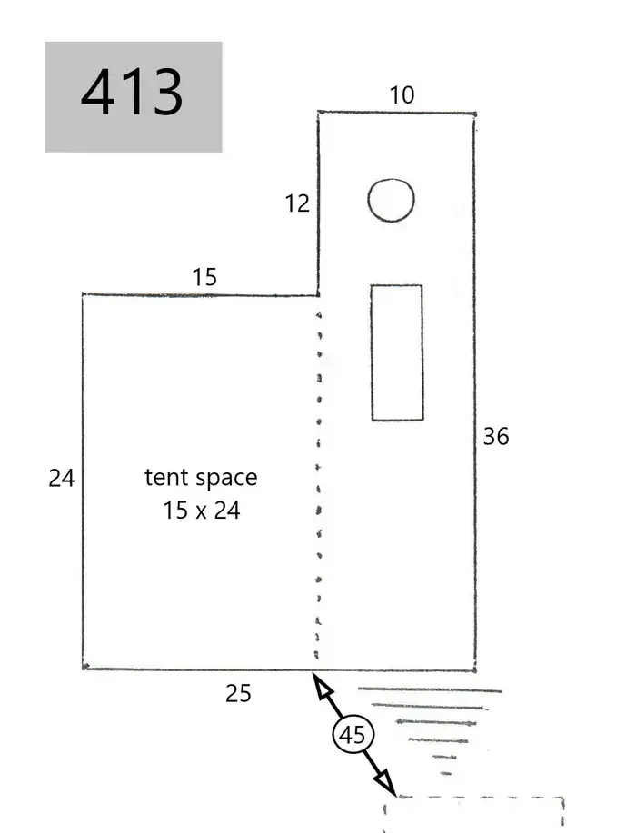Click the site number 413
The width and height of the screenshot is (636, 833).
[x=132, y=93]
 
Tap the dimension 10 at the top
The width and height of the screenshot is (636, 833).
[x=402, y=95]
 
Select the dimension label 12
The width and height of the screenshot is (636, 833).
[x=297, y=203]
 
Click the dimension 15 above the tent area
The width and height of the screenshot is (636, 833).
[x=204, y=277]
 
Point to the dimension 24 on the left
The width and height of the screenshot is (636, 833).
[x=62, y=478]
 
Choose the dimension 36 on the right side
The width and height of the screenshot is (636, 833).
[x=496, y=437]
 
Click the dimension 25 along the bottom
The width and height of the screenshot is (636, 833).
[x=238, y=694]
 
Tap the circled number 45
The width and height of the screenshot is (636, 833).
[x=353, y=735]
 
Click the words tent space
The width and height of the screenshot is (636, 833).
[x=201, y=478]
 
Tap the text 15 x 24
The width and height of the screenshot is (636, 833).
[x=201, y=511]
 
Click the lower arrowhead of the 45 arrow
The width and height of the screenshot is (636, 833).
[x=385, y=784]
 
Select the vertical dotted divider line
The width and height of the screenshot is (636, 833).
[x=319, y=483]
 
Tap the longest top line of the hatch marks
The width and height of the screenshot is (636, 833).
[x=430, y=690]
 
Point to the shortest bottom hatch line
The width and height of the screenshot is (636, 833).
[x=446, y=774]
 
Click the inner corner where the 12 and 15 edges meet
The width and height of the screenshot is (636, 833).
[x=318, y=295]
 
